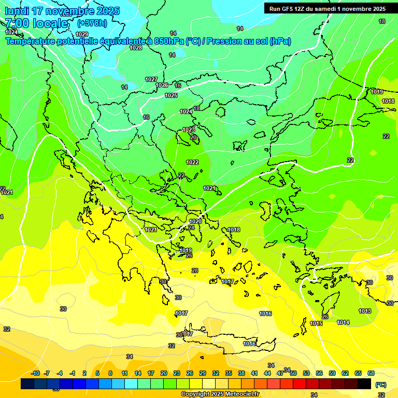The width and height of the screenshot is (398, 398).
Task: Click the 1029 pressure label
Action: tap(82, 34)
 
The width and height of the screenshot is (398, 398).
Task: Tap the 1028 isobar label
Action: tap(136, 48)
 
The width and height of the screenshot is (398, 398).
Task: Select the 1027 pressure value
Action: tap(151, 79)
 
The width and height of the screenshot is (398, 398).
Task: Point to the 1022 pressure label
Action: tap(192, 162)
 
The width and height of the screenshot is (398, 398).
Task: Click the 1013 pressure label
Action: tap(365, 311)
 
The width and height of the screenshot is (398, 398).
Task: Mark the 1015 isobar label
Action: tap(316, 323)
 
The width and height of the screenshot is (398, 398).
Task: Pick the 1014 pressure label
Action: tap(343, 322)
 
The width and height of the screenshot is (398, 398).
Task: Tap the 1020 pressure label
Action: tap(195, 221)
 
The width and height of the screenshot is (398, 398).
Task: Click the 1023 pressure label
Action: tap(189, 130)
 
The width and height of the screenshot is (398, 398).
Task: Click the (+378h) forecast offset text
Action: tap(92, 23)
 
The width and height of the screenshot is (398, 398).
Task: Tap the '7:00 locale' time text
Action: tap(36, 23)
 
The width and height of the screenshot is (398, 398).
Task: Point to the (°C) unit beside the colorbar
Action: tap(381, 385)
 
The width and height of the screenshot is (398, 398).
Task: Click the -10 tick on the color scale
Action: tap(35, 373)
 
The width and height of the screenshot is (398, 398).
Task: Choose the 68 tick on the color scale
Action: tap(371, 373)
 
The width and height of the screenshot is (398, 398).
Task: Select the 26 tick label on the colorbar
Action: tap(190, 373)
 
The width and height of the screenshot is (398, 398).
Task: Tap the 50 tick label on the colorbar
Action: tap(293, 373)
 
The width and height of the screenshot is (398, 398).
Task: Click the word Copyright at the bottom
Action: tap(195, 394)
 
